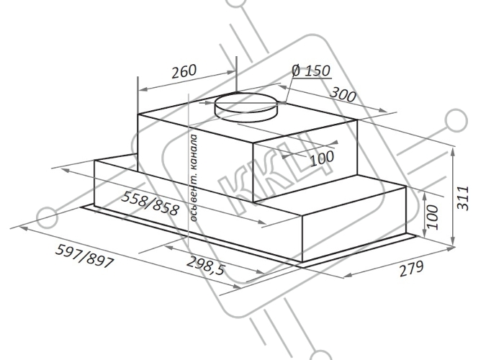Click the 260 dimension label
pos(184,72)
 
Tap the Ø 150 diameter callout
pos(311,71)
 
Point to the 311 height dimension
pos(463,198)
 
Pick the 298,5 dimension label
pos(205,266)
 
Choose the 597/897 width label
pos(85,256)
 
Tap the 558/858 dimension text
pos(150,204)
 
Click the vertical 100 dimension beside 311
pos(433,217)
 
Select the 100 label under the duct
pos(322,158)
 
